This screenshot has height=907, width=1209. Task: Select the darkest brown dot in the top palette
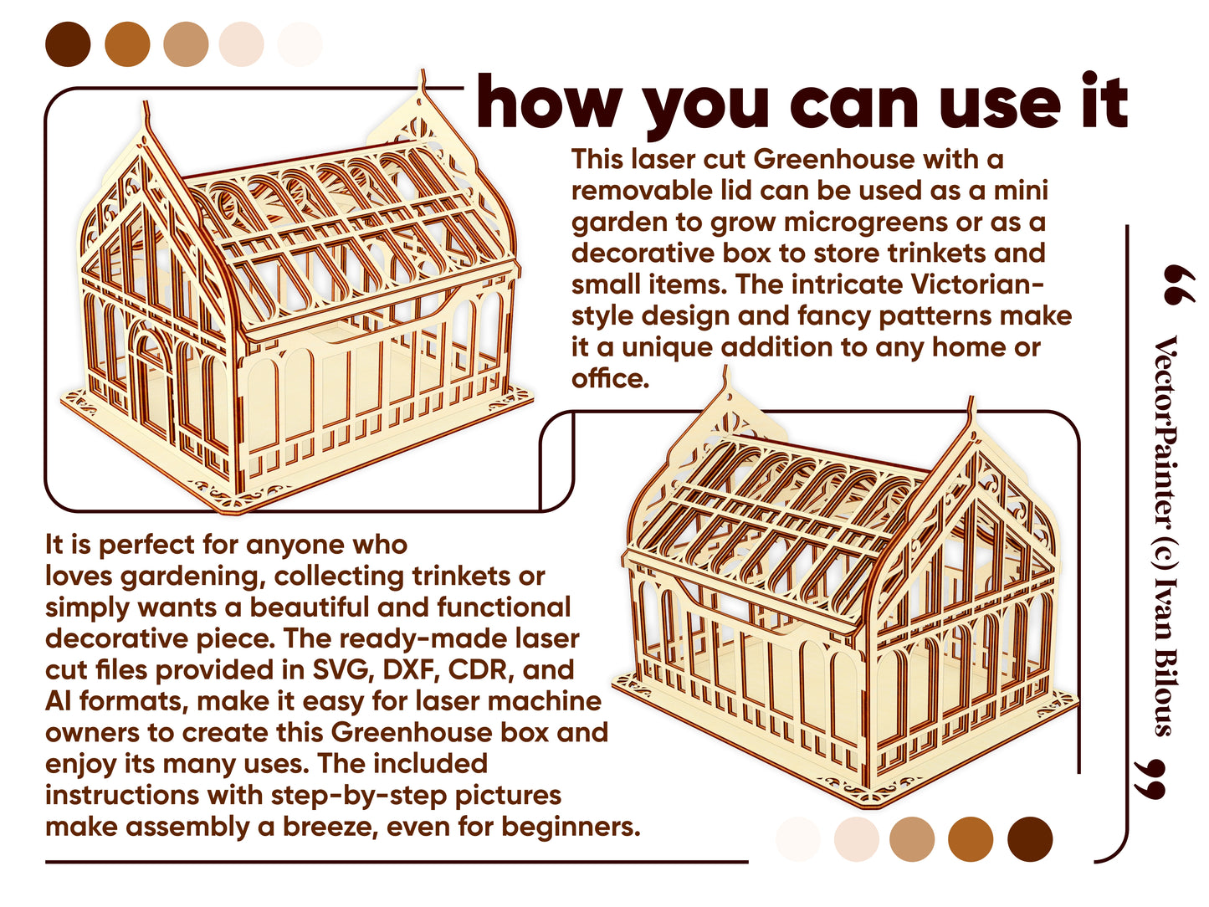68,44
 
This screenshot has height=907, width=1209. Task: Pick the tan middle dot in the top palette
186,44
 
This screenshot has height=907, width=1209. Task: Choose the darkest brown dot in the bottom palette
1029,839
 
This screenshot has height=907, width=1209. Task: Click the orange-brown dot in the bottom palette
970,839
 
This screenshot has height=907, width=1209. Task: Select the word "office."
610,379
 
